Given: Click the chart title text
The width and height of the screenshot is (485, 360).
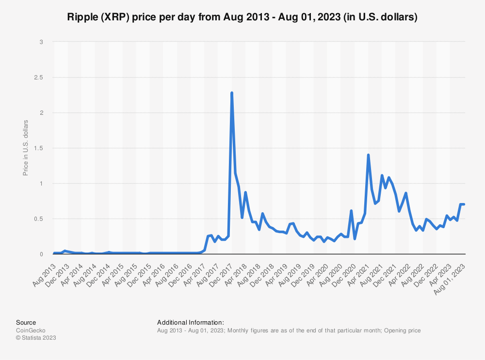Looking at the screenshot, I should [x=242, y=17].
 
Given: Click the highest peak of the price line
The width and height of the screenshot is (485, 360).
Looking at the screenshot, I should [x=232, y=93].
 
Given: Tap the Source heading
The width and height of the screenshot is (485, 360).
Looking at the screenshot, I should [x=26, y=322].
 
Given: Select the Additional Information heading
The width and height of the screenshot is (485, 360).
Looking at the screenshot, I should [x=191, y=322].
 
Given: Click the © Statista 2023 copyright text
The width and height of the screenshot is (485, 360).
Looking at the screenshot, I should [x=36, y=338].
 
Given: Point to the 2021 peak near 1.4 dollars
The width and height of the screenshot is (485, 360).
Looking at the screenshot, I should [x=369, y=155].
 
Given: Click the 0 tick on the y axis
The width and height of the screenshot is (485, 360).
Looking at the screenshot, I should [x=42, y=254].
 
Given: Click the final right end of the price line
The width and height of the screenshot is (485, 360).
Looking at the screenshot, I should [x=464, y=204].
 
